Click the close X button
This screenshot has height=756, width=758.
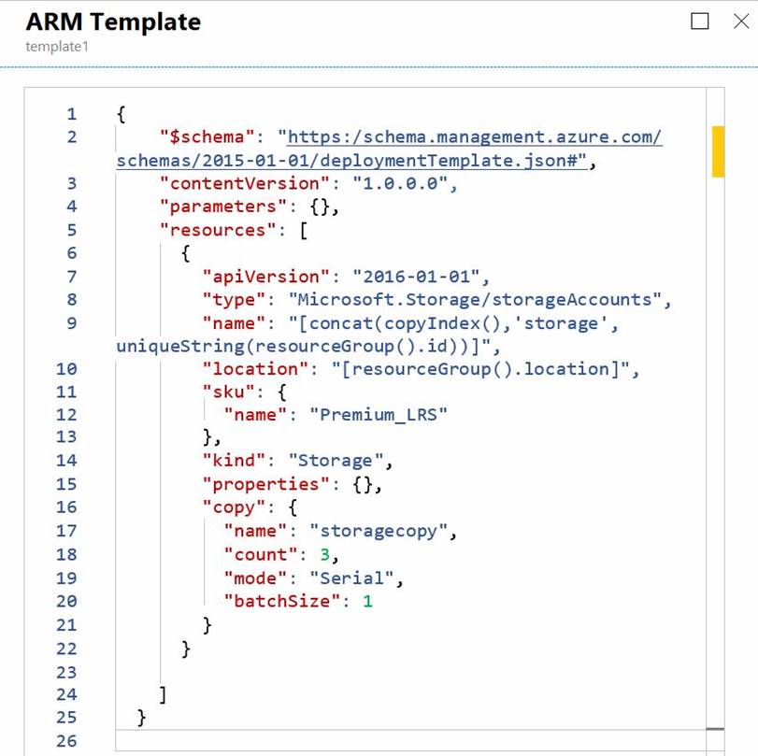741,21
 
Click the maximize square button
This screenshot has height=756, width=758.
699,21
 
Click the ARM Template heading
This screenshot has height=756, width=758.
113,21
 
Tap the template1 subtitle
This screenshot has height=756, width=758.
57,47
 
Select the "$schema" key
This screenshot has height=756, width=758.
207,136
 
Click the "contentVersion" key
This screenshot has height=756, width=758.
244,184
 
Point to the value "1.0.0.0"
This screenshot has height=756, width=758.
400,184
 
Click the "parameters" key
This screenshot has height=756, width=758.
222,207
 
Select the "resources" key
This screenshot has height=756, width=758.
218,230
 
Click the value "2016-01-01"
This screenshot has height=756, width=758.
416,277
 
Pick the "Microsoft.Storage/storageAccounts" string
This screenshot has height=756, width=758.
475,300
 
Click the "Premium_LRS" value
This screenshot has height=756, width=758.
379,415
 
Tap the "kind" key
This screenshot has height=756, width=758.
234,461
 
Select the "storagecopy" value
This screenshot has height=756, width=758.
379,531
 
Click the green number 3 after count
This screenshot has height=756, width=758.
325,554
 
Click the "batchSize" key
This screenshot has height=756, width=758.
282,601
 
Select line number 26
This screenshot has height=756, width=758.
66,741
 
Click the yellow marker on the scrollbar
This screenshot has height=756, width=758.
718,151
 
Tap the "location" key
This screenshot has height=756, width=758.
255,369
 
